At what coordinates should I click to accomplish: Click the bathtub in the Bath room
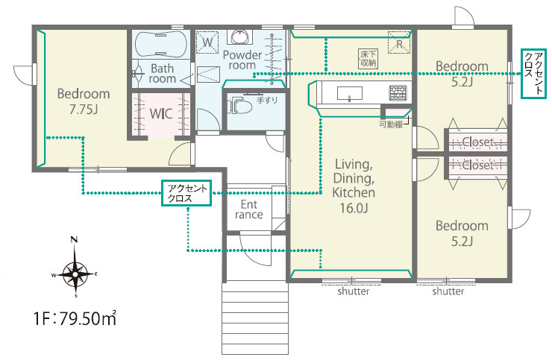pyautogui.click(x=161, y=44)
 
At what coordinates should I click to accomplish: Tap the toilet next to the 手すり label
pyautogui.click(x=240, y=106)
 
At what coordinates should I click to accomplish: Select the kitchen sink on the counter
pyautogui.click(x=350, y=94)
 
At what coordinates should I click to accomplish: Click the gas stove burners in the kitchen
pyautogui.click(x=398, y=93)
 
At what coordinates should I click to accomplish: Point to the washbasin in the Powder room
pyautogui.click(x=239, y=37)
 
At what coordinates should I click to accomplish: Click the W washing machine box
pyautogui.click(x=207, y=42)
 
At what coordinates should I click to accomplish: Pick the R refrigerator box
pyautogui.click(x=399, y=42)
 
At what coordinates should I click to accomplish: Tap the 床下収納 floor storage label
pyautogui.click(x=368, y=59)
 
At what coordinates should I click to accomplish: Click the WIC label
pyautogui.click(x=161, y=114)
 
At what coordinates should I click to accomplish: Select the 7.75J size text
pyautogui.click(x=84, y=110)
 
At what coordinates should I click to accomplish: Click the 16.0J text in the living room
pyautogui.click(x=354, y=208)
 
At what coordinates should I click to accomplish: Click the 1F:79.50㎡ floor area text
pyautogui.click(x=75, y=318)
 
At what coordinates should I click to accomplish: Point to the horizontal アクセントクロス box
pyautogui.click(x=186, y=193)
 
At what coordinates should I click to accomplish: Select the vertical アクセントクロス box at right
pyautogui.click(x=533, y=73)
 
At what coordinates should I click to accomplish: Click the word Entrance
pyautogui.click(x=249, y=209)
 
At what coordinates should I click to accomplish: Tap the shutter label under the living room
pyautogui.click(x=354, y=291)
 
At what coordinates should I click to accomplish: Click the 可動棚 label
pyautogui.click(x=390, y=124)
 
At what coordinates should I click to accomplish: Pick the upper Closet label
pyautogui.click(x=477, y=142)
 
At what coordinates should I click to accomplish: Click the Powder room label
pyautogui.click(x=242, y=60)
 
